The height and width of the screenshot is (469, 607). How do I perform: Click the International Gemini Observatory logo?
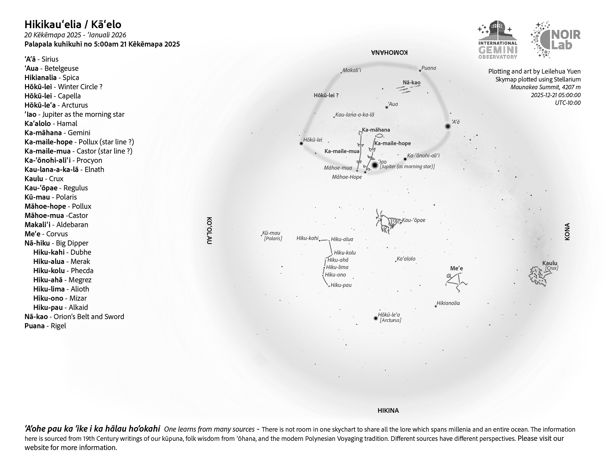(497, 40)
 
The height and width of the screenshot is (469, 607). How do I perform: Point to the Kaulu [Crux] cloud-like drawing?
(538, 276)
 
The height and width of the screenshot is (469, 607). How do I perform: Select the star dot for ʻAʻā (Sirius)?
(448, 126)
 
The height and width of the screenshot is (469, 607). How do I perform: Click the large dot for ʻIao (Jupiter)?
(375, 165)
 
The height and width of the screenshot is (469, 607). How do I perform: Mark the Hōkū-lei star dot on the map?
(301, 144)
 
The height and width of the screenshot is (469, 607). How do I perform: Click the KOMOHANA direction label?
(389, 52)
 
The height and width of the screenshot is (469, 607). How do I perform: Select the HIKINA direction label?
(388, 410)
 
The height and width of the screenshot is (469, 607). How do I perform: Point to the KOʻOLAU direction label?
(209, 231)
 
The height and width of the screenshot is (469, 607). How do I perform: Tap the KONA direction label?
(567, 231)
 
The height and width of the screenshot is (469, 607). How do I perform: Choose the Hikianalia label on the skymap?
(448, 303)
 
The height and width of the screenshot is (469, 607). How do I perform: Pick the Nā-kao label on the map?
(412, 83)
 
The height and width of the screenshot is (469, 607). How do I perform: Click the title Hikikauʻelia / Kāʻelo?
(73, 25)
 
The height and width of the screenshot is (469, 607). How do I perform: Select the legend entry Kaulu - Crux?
(44, 179)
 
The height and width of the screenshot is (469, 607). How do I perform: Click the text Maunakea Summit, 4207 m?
(545, 87)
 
